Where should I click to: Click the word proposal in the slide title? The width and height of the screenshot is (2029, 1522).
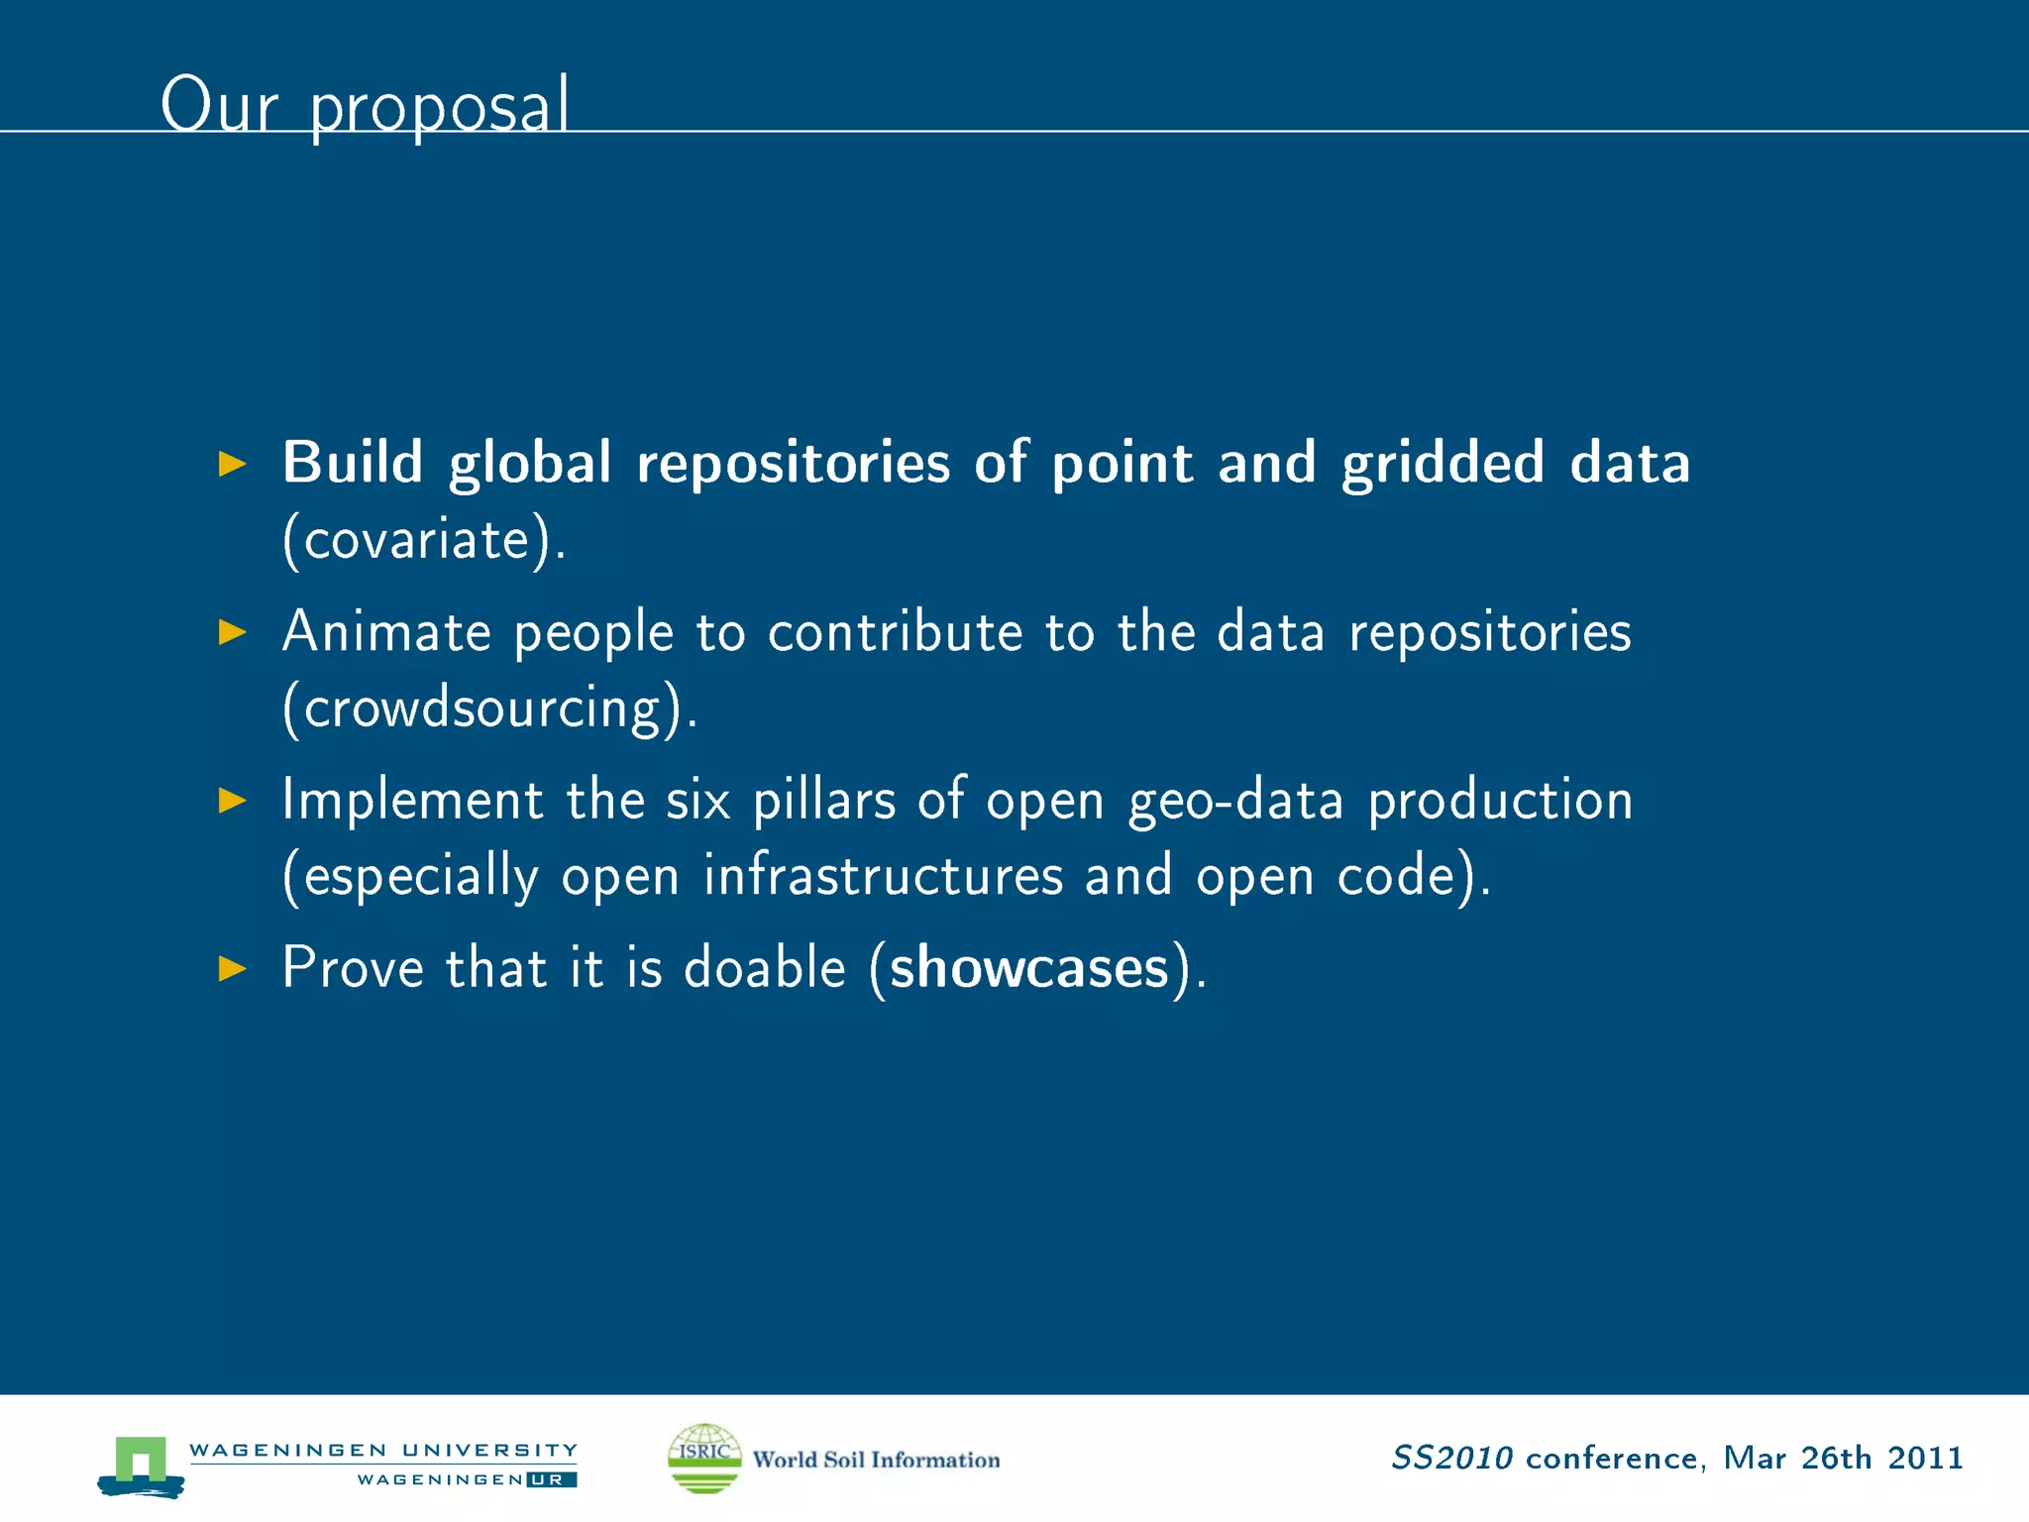[x=439, y=107]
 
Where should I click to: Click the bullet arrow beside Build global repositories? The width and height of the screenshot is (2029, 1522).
[x=232, y=463]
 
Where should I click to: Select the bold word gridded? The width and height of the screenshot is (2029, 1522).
[x=1442, y=463]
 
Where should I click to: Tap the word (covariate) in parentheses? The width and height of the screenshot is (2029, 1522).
[x=424, y=540]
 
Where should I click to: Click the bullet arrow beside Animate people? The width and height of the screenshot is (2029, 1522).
[x=232, y=631]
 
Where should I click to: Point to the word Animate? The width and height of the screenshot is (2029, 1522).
[x=386, y=631]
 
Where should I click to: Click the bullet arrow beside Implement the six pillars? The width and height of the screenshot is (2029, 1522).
[x=232, y=800]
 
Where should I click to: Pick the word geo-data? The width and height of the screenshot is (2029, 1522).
[x=1235, y=800]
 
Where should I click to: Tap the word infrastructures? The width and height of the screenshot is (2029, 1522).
[x=883, y=876]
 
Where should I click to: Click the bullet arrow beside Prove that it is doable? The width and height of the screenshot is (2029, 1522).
[x=232, y=968]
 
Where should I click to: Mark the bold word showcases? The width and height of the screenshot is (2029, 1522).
[x=1028, y=968]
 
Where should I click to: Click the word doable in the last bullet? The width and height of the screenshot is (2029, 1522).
[x=765, y=968]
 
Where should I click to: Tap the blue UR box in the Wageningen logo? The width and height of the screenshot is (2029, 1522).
[x=551, y=1479]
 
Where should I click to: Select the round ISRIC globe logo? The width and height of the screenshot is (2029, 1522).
[x=704, y=1458]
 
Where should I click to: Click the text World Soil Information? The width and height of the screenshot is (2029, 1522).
[x=876, y=1460]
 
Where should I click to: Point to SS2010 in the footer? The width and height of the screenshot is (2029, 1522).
[x=1451, y=1458]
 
